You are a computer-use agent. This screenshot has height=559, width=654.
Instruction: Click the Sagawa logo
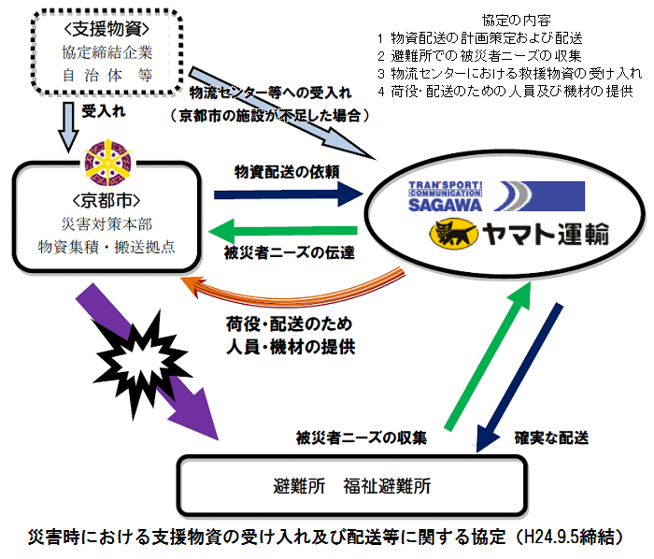coord(496,196)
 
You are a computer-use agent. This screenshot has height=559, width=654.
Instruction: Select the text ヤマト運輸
coord(545,233)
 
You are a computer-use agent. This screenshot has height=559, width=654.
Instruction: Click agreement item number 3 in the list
coord(505,73)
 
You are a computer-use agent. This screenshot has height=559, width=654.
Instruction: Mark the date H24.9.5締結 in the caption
coord(561,537)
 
